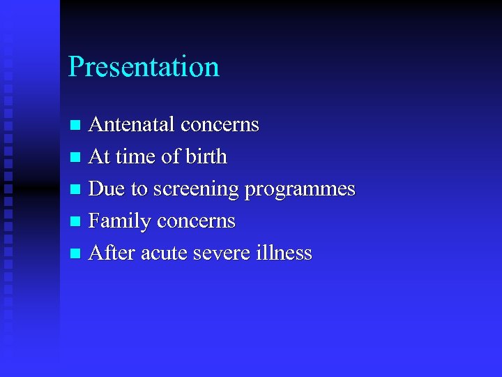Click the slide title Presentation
point(144,67)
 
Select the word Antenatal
point(132,125)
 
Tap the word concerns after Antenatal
point(220,125)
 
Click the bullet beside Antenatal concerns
point(76,126)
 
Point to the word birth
point(206,157)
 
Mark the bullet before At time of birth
point(76,158)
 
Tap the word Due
point(105,189)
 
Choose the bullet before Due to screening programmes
point(76,190)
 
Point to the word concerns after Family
point(196,221)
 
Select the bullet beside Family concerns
point(76,222)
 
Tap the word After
point(112,253)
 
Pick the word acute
point(163,253)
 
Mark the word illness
point(284,253)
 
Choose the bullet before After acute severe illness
point(76,254)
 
